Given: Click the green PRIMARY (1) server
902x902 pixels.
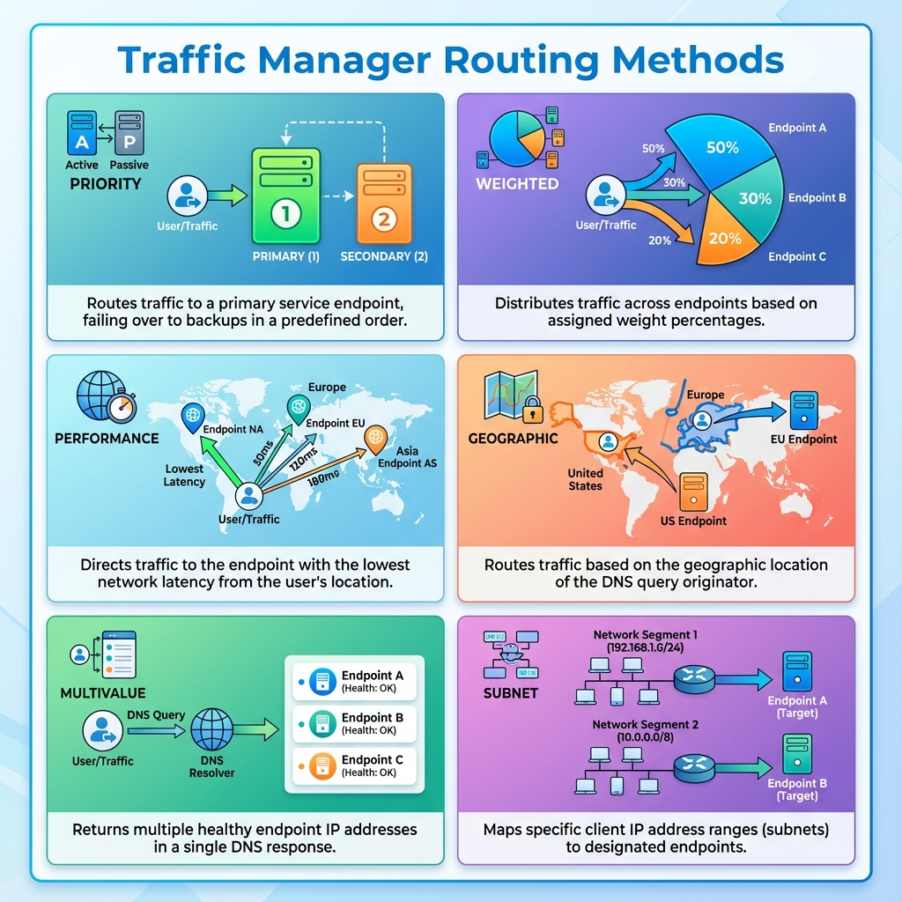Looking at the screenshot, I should point(285,196).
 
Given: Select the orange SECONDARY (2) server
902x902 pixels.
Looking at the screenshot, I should point(382,203).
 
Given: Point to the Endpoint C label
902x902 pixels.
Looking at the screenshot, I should point(797,257).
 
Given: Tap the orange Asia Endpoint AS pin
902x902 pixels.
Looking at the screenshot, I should point(376,435).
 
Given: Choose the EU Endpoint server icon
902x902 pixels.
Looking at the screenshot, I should point(804,410).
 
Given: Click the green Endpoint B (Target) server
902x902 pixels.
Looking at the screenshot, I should point(796,754).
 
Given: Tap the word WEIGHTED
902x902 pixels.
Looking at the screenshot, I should point(517,184).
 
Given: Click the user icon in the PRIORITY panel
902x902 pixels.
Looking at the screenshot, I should point(187,196).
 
